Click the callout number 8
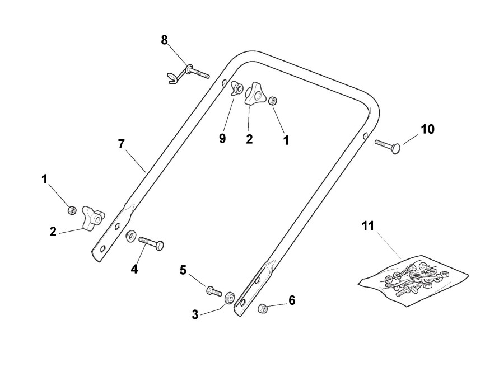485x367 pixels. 164,40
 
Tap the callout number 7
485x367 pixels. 122,144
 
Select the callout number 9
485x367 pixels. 222,139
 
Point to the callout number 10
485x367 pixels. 427,129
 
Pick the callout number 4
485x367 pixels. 134,269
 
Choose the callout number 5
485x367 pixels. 183,270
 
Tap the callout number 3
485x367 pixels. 195,314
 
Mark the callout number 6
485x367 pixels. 291,300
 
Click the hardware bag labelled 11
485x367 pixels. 413,277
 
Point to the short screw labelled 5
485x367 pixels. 213,290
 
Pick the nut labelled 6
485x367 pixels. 262,308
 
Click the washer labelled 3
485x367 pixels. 229,298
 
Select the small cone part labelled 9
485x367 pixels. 237,90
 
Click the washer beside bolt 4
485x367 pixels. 130,236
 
